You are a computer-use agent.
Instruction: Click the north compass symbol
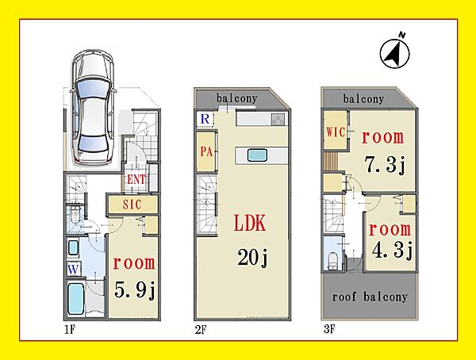tap(394, 53)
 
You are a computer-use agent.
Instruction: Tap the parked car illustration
tap(92, 107)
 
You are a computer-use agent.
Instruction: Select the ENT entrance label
tap(136, 179)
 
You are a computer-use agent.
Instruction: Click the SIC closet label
tap(132, 205)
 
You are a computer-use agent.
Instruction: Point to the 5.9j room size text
tap(135, 290)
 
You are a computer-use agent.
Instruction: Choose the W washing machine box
tap(74, 269)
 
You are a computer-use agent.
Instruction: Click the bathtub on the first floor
tap(75, 298)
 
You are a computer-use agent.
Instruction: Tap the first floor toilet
tap(74, 214)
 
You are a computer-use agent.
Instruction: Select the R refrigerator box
tap(205, 119)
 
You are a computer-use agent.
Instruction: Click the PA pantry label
tap(206, 151)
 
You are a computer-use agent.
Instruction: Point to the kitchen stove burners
tap(278, 119)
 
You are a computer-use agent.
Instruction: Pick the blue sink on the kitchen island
tap(257, 155)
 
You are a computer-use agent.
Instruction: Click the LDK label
tap(250, 223)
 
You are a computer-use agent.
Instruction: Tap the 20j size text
tap(252, 258)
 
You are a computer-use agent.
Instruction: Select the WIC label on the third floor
tap(336, 132)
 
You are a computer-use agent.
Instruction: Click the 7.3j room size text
tap(386, 166)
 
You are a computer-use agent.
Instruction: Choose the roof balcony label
tap(370, 297)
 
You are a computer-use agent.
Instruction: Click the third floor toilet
tap(333, 260)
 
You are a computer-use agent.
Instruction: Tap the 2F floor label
tap(201, 330)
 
